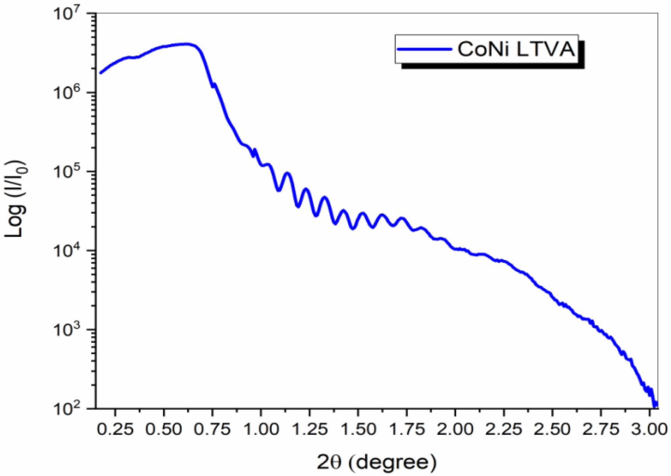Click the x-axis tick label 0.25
(115, 429)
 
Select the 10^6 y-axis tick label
(70, 94)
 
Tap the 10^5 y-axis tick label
(70, 173)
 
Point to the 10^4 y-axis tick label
(70, 252)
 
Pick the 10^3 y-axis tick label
(70, 331)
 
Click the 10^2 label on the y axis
(70, 409)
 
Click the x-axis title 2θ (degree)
(377, 462)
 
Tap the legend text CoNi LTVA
(516, 50)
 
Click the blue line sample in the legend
(424, 50)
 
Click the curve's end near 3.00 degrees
(655, 405)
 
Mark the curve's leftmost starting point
(101, 72)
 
